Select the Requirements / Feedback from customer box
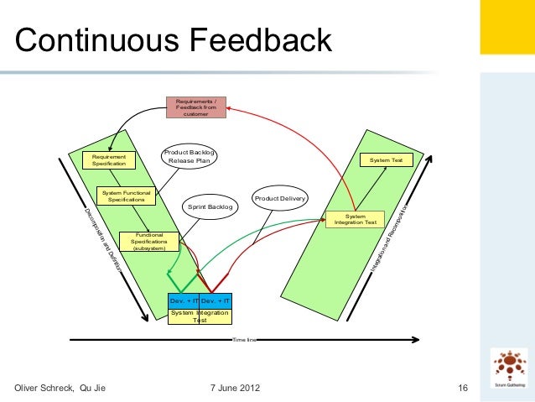pos(195,107)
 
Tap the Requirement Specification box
pos(109,159)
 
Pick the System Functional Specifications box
pos(127,196)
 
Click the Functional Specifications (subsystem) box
pos(148,241)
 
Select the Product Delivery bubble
pos(280,198)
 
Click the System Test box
pos(387,159)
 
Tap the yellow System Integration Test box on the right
pos(355,219)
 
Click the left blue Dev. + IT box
pos(183,300)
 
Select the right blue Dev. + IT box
pos(215,300)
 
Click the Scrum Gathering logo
pos(509,368)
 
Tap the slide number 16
pos(461,388)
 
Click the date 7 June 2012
pos(234,388)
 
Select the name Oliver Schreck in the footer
pos(41,388)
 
